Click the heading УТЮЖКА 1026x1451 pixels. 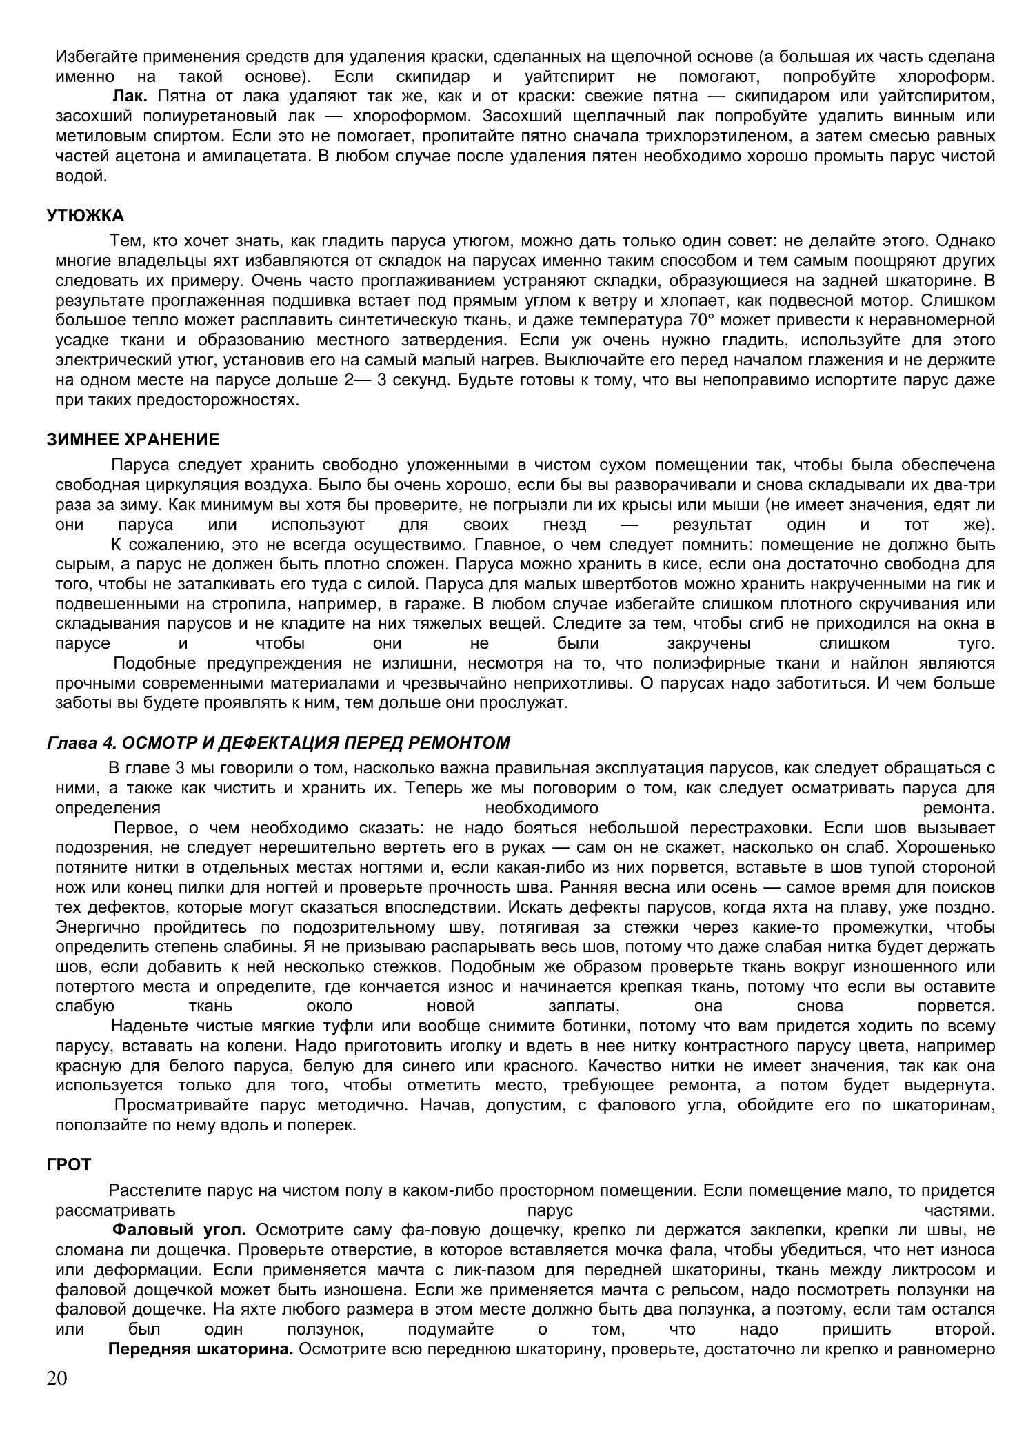point(85,216)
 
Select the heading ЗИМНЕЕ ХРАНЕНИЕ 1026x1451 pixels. point(133,440)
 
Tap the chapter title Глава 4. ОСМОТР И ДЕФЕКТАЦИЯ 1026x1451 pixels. point(278,742)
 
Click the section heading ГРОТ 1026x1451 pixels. point(69,1164)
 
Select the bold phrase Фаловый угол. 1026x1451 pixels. point(179,1230)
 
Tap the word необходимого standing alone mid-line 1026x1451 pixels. point(541,808)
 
